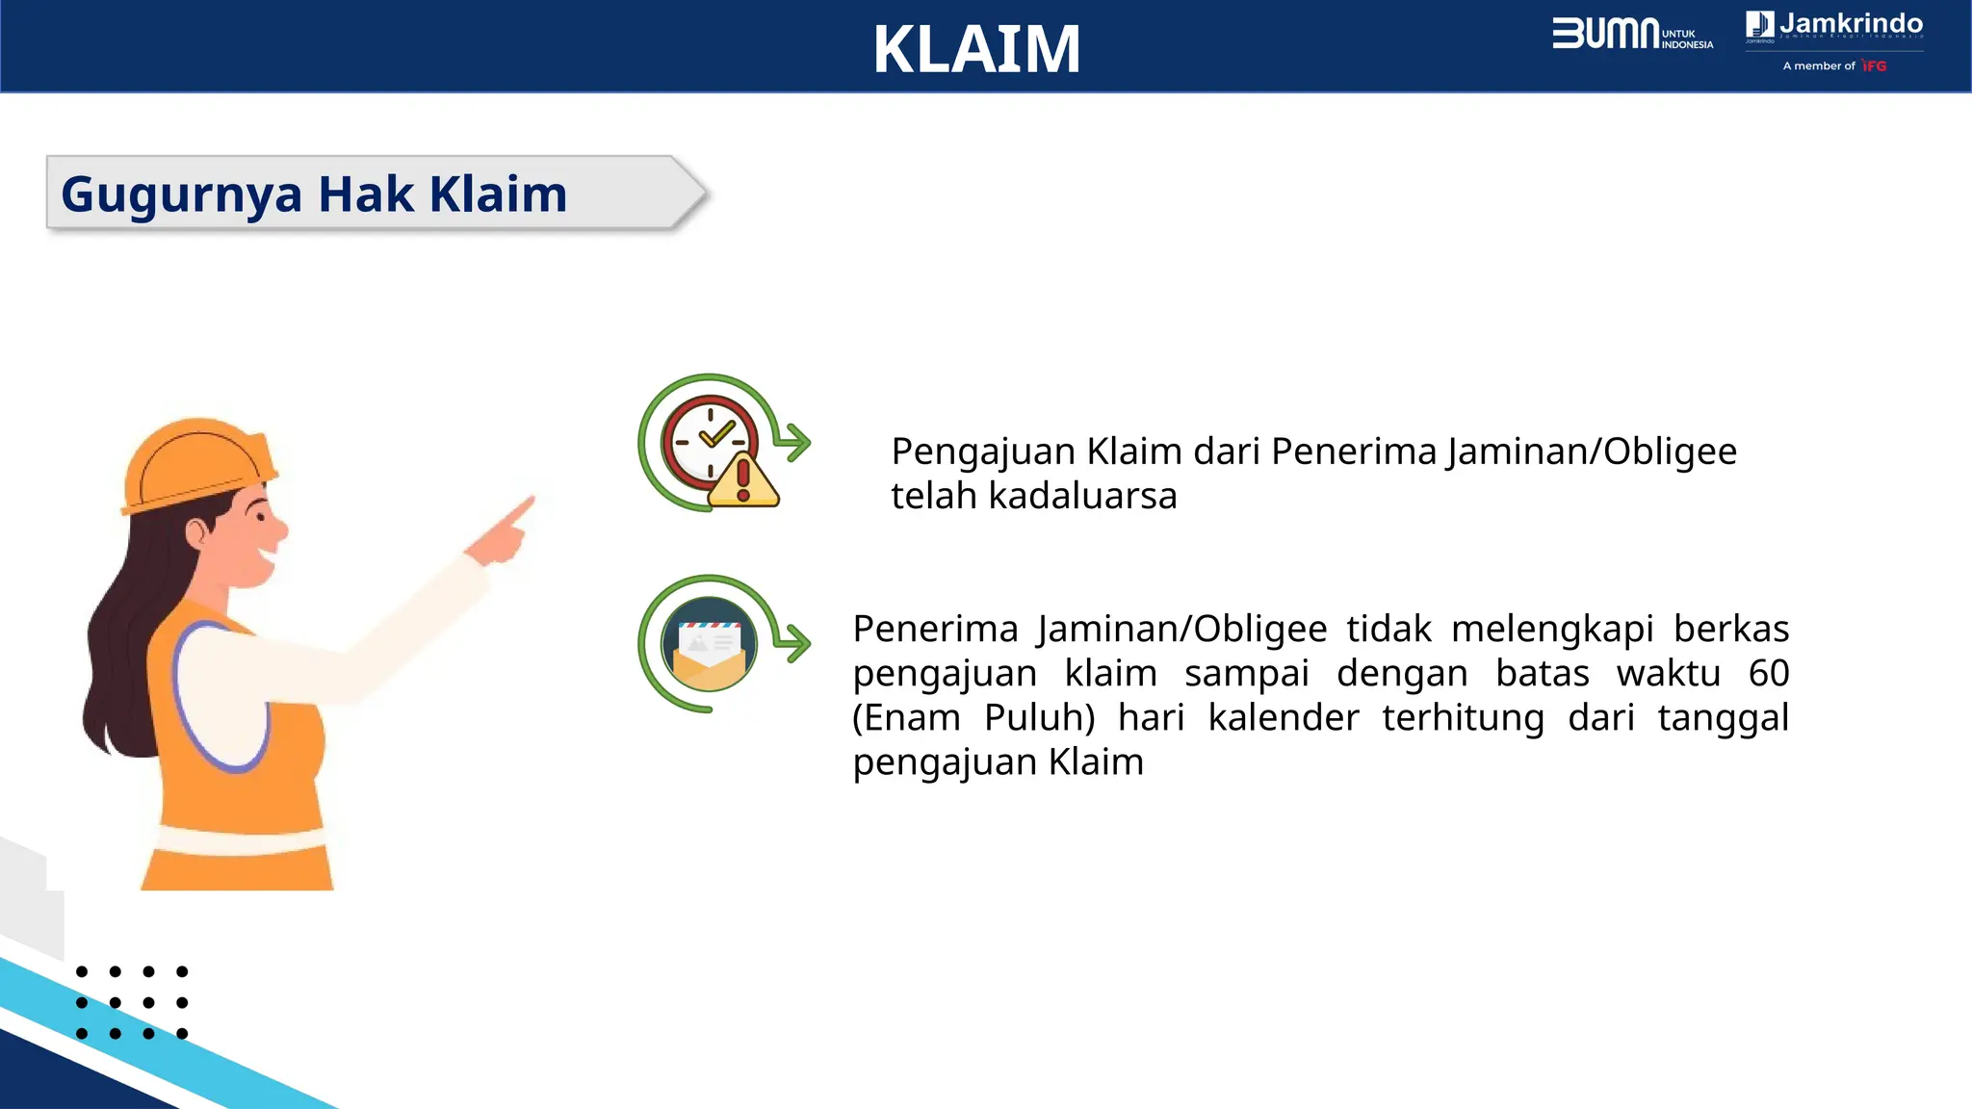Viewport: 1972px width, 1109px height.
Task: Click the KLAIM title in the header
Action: (x=976, y=49)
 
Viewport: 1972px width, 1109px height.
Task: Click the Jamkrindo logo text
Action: (x=1850, y=24)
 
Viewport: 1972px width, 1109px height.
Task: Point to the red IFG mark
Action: (x=1874, y=65)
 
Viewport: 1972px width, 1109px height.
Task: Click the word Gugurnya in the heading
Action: (x=181, y=194)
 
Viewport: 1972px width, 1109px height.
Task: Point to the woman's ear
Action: (x=195, y=532)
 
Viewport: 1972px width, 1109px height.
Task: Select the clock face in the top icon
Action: (x=711, y=442)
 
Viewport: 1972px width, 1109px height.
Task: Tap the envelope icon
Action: (x=710, y=646)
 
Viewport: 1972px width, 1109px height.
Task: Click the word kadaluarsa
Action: (x=1082, y=496)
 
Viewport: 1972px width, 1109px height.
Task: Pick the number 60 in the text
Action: (x=1768, y=673)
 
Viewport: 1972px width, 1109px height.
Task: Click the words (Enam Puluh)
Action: (x=973, y=717)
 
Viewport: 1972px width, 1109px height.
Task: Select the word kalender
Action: (x=1283, y=717)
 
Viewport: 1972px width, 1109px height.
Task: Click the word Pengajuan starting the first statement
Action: (x=982, y=451)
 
